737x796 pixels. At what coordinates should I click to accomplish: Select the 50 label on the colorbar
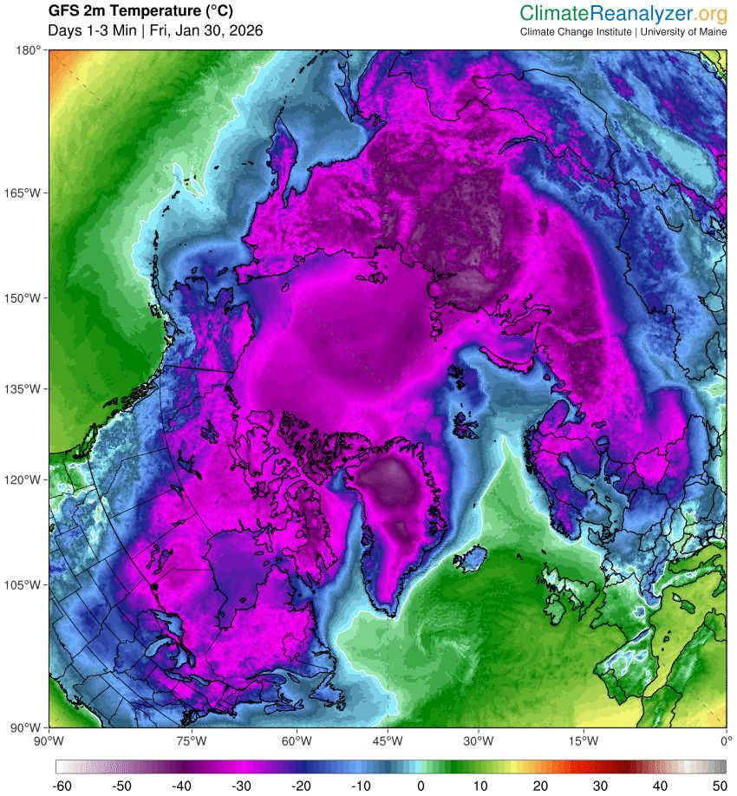(719, 786)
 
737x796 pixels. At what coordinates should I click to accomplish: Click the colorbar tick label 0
(421, 786)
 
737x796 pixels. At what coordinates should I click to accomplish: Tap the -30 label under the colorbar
(241, 786)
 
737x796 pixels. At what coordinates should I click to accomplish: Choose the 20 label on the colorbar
(540, 786)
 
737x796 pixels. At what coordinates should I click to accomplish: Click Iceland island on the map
(468, 559)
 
